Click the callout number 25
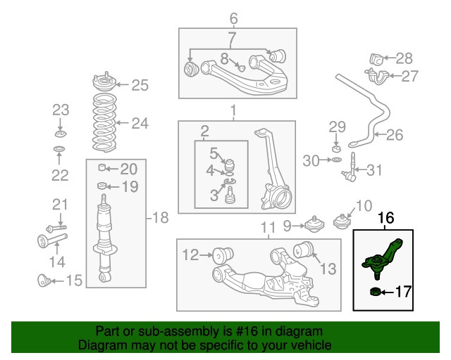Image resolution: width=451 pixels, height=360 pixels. (x=140, y=86)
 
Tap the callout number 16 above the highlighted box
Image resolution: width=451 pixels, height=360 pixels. (x=388, y=219)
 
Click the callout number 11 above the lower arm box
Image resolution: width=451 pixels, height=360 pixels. (x=266, y=227)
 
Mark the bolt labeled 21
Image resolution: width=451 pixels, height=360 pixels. (x=56, y=228)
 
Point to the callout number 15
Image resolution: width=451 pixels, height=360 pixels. (x=73, y=281)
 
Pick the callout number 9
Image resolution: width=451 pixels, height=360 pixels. (x=288, y=225)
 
